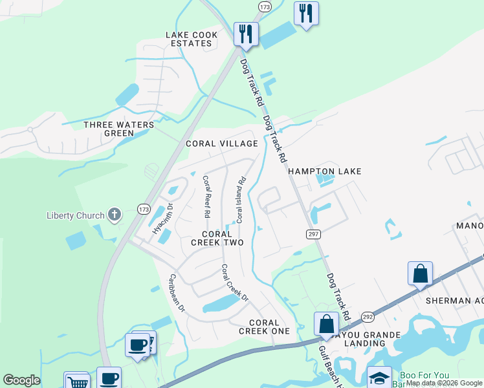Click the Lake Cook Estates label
tap(189, 39)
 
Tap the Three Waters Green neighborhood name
tap(119, 129)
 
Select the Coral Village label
tap(222, 144)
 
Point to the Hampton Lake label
tap(324, 171)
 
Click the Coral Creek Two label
tap(217, 238)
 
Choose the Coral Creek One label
tap(264, 327)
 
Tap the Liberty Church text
tap(75, 215)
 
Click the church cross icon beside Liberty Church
tap(115, 215)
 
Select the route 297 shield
tap(313, 233)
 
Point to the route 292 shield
tap(368, 318)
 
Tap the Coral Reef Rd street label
tap(206, 197)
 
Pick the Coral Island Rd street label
tap(241, 200)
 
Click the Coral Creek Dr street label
tap(234, 283)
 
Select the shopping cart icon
tap(76, 381)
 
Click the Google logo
tap(21, 380)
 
